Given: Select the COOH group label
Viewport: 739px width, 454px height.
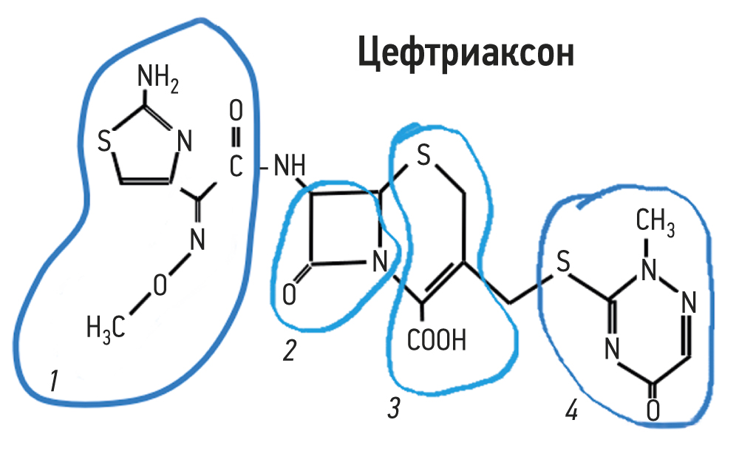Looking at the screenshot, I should tap(437, 341).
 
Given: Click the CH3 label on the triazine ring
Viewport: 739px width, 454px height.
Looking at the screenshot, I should tap(654, 221).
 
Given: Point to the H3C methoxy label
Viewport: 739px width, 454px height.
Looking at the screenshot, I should tap(103, 325).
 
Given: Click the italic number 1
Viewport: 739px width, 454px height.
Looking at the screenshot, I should tap(53, 382).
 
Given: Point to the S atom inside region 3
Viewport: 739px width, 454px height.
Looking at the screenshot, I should tap(423, 156).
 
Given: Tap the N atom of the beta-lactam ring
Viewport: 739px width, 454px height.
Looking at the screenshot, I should tap(380, 261).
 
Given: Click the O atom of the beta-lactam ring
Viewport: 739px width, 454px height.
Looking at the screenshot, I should tap(289, 295).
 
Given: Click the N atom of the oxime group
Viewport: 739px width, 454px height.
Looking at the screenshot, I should tap(197, 240).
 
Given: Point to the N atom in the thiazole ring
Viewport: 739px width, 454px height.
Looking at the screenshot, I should tap(184, 138).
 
